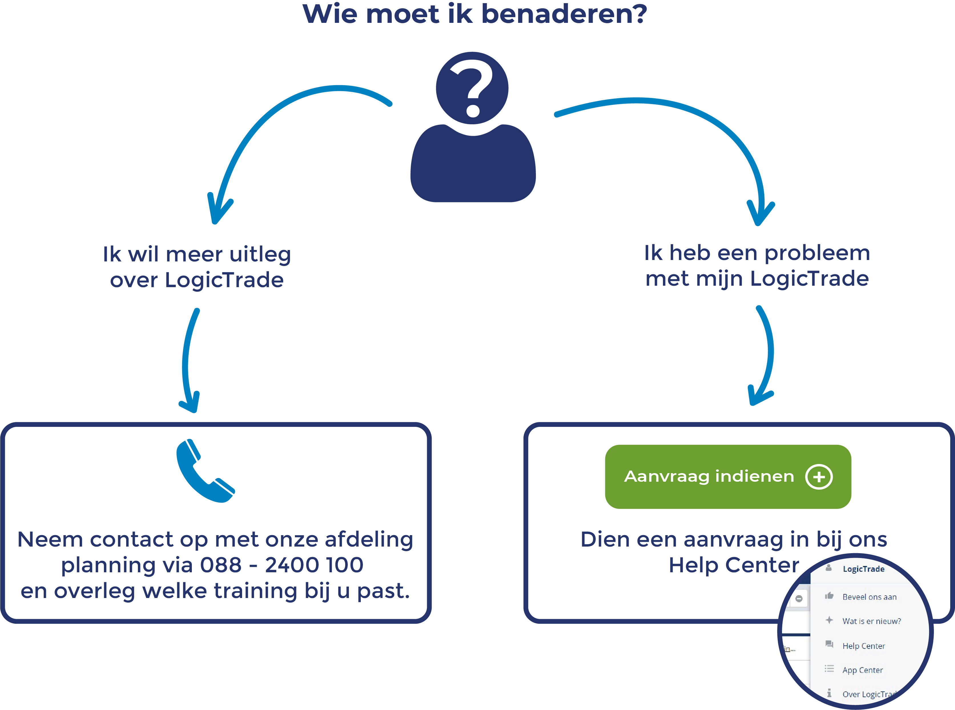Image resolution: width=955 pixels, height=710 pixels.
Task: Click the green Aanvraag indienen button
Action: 709,477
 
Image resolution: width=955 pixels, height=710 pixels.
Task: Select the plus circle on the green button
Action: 819,477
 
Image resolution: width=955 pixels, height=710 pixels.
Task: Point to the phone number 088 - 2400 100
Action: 282,565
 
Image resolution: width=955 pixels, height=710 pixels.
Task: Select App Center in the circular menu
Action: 862,670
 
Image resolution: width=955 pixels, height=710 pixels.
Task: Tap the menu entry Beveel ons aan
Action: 869,597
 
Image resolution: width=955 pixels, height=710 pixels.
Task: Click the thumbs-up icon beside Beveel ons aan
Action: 829,596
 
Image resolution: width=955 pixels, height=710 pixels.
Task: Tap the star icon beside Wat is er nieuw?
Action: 829,620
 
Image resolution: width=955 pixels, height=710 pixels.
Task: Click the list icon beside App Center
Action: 829,669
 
